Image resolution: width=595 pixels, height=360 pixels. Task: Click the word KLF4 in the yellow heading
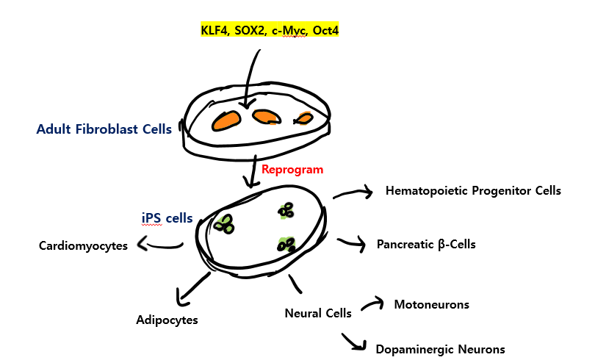(x=214, y=30)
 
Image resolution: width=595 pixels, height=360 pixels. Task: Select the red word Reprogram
(x=292, y=169)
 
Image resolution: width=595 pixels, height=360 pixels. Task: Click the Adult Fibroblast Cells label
(x=104, y=129)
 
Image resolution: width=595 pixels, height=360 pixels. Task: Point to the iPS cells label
(x=167, y=217)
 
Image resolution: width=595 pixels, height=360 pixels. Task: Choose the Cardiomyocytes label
(x=83, y=245)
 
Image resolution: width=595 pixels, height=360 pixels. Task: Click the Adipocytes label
(x=167, y=320)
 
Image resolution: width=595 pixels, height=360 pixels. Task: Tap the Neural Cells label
(x=318, y=313)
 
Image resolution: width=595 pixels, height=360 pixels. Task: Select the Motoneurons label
(x=431, y=304)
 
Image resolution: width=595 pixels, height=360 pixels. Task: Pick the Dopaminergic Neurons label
(x=440, y=349)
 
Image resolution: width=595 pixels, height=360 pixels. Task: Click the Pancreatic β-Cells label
(x=426, y=244)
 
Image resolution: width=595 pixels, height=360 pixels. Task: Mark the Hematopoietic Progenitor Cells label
(x=473, y=191)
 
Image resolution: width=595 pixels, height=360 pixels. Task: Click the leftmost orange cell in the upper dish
(x=227, y=120)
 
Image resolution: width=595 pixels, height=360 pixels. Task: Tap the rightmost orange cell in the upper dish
(x=303, y=118)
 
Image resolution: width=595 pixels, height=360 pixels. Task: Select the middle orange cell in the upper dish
(x=265, y=117)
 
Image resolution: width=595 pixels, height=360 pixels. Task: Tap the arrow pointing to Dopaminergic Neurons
(x=354, y=342)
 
